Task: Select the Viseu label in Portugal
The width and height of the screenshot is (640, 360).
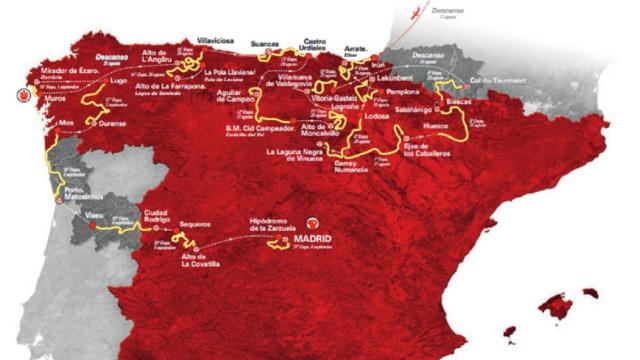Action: point(98,215)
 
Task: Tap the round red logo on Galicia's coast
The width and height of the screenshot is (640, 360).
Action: point(22,96)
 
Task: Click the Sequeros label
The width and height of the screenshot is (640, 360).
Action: point(193,227)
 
